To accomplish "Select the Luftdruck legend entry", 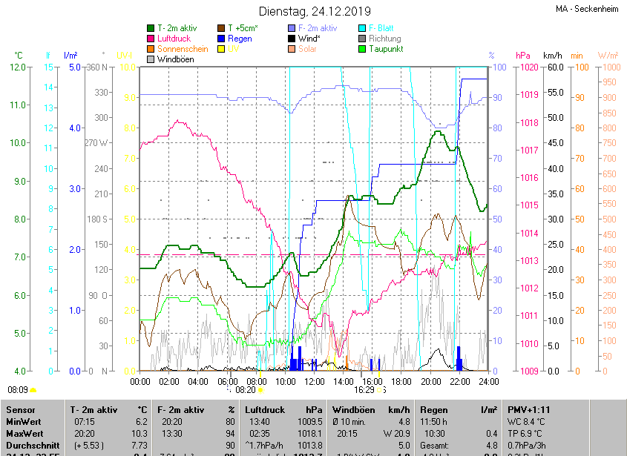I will pos(174,38).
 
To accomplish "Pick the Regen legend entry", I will pos(239,38).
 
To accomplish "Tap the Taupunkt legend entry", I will pos(384,49).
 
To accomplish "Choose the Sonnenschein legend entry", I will pos(183,49).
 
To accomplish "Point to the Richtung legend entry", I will pos(384,38).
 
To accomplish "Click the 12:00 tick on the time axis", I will pos(315,382).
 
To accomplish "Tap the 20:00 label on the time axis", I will pos(431,382).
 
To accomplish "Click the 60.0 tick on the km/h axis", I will pos(553,67).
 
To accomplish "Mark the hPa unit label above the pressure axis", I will pos(522,56).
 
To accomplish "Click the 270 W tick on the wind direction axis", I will pos(97,143).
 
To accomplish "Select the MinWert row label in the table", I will pos(24,421).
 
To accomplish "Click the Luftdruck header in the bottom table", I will pos(264,409).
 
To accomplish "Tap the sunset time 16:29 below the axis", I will pos(364,389).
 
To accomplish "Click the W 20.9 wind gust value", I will pos(395,433).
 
